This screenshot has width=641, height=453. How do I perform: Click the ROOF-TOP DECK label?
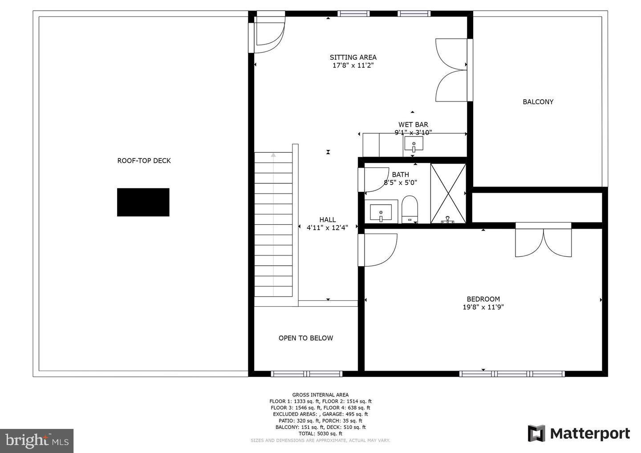point(144,161)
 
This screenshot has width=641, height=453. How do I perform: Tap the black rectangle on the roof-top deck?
point(143,202)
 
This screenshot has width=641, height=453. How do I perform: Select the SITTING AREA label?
point(353,57)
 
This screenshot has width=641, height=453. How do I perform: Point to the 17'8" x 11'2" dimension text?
point(353,65)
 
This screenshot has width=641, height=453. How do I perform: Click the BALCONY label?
point(538,102)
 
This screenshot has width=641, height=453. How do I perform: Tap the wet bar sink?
point(414,144)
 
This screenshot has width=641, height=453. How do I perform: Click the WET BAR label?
point(413,125)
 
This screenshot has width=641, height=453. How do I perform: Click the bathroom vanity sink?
point(381,212)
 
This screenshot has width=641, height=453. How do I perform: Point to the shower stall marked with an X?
point(448,193)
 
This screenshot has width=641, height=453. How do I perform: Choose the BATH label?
point(400,174)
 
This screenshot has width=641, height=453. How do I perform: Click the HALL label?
point(328,220)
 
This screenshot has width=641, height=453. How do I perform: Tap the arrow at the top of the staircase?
point(273,155)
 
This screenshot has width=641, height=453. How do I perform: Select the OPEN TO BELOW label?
point(306,338)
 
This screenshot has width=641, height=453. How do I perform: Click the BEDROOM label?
point(483,299)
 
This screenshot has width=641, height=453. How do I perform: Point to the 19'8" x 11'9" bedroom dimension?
point(483,307)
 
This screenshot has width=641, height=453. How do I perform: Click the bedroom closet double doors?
point(543,242)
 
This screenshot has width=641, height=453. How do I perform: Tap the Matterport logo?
point(579,433)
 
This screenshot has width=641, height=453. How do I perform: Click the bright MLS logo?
point(37,441)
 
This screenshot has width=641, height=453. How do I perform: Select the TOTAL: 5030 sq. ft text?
point(320,433)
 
